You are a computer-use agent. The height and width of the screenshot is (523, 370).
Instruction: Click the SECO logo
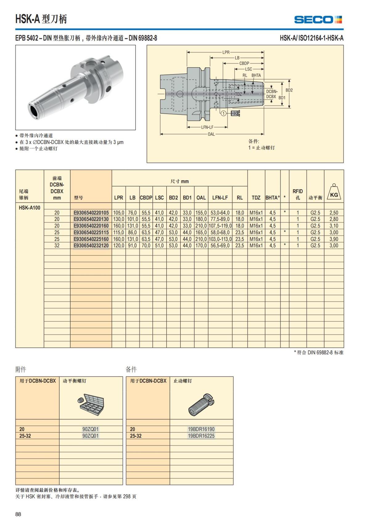318,20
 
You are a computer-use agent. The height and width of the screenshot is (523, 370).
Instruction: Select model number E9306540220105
91,213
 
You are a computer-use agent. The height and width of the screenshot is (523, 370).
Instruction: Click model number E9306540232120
91,246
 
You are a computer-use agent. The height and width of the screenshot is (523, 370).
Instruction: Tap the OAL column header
201,198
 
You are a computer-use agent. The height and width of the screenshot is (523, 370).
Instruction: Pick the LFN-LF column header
220,198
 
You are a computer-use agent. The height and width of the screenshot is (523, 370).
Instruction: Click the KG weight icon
334,193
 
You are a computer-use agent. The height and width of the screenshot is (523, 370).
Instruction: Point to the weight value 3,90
334,239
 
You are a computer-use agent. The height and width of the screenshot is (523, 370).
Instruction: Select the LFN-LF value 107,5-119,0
220,226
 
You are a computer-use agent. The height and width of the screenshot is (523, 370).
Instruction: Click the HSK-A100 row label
30,207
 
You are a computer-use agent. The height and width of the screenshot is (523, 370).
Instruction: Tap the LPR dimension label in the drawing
226,52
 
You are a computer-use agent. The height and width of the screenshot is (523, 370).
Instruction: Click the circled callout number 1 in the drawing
223,113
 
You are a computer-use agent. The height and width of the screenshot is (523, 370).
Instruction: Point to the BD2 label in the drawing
289,90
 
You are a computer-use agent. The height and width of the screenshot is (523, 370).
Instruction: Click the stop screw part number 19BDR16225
201,436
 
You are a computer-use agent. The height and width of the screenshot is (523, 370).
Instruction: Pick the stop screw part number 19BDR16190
201,429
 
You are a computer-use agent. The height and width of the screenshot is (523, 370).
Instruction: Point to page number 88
18,514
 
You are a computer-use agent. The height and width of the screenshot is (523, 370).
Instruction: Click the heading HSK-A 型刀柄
41,19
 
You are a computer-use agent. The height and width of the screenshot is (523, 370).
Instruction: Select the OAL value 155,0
201,213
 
